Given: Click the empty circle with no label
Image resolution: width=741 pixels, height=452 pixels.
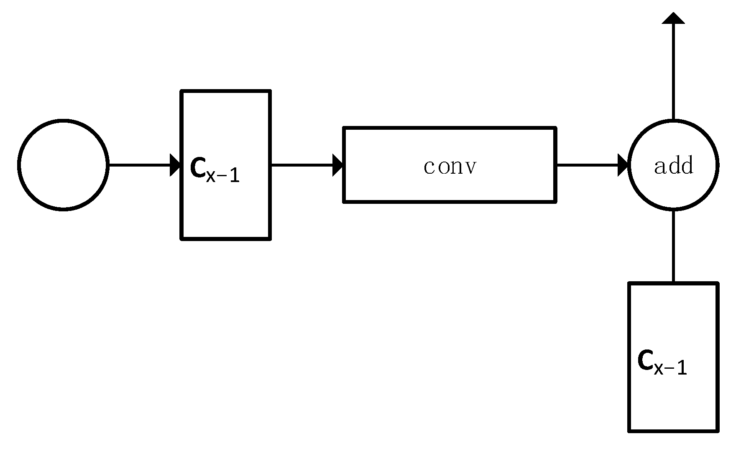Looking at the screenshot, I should click(63, 165).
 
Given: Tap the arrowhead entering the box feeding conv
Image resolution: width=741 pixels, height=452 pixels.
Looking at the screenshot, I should click(175, 165).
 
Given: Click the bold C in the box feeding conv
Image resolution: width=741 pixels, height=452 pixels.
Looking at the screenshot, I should click(197, 168).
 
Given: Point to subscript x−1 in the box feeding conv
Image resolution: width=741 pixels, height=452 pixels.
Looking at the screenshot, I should click(223, 175).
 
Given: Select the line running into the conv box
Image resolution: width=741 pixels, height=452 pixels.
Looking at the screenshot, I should click(301, 165).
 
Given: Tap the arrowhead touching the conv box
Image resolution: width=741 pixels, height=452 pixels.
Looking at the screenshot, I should click(337, 165).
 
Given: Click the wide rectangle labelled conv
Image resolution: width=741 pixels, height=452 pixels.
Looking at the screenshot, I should click(450, 188).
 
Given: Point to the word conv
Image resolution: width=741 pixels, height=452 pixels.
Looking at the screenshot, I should click(450, 167).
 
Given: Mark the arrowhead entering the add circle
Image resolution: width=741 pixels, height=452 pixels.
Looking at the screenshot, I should click(623, 165).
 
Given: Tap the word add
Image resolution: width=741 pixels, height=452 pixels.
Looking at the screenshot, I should click(674, 166).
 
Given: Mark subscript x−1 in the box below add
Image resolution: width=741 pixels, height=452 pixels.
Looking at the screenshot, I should click(670, 368).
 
